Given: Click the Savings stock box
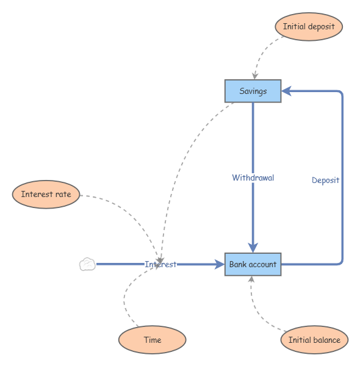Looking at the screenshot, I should click(x=253, y=91).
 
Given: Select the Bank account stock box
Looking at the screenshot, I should click(x=253, y=264).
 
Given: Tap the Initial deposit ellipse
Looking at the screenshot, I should click(x=309, y=27).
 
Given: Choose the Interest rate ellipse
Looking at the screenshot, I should click(x=46, y=195).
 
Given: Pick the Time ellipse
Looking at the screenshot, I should click(x=152, y=340).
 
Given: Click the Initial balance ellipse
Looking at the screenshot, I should click(x=314, y=340).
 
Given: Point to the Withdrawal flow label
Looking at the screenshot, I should click(x=253, y=178).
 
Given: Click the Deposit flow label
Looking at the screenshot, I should click(x=325, y=180).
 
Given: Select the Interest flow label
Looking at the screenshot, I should click(x=160, y=264).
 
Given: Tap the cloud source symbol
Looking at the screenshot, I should click(x=87, y=264).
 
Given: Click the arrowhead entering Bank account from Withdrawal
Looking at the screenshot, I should click(x=253, y=246).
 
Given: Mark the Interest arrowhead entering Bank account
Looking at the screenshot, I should click(x=219, y=264).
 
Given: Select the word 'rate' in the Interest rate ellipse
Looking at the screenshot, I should click(x=62, y=195).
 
